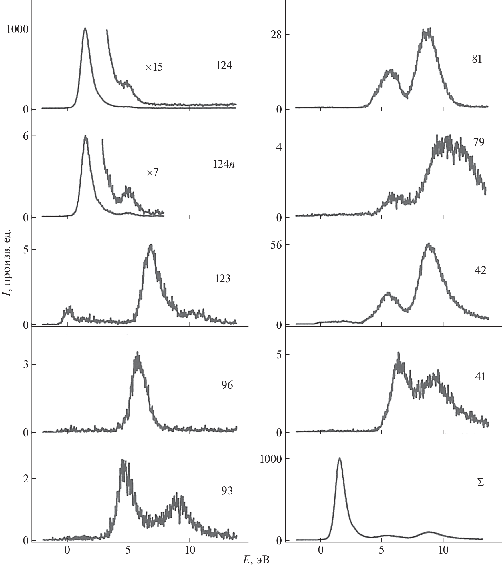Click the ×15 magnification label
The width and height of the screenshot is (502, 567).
click(154, 67)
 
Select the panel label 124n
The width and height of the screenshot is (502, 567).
click(224, 164)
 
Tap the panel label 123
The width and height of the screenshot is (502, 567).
click(222, 279)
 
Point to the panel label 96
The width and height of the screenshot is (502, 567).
click(227, 385)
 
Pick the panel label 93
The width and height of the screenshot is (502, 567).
click(227, 491)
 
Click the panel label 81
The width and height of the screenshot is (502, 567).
click(477, 59)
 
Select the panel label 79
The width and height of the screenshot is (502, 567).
click(479, 142)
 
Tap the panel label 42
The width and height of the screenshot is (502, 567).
click(480, 270)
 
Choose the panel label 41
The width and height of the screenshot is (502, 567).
click(480, 377)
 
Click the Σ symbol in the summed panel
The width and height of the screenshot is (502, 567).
click(480, 483)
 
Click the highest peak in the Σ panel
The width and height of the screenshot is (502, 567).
click(339, 458)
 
